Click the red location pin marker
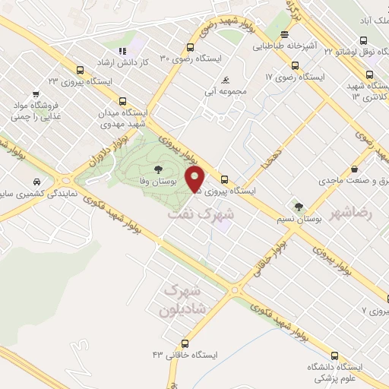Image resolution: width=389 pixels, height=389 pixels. (x=196, y=180)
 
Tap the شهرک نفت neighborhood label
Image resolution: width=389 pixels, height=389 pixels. (x=201, y=215)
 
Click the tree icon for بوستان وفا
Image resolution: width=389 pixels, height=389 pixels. (x=158, y=169)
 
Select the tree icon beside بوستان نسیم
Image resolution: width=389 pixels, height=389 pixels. (x=299, y=206)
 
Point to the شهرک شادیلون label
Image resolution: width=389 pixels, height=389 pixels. (x=182, y=301)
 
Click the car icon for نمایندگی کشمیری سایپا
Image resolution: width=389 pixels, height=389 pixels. (x=37, y=182)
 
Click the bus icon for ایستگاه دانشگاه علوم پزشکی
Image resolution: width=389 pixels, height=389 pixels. (x=335, y=355)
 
